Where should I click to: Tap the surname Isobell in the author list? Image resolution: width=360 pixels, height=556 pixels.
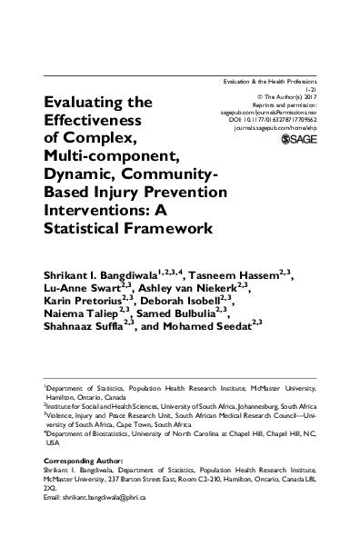click(213, 303)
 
